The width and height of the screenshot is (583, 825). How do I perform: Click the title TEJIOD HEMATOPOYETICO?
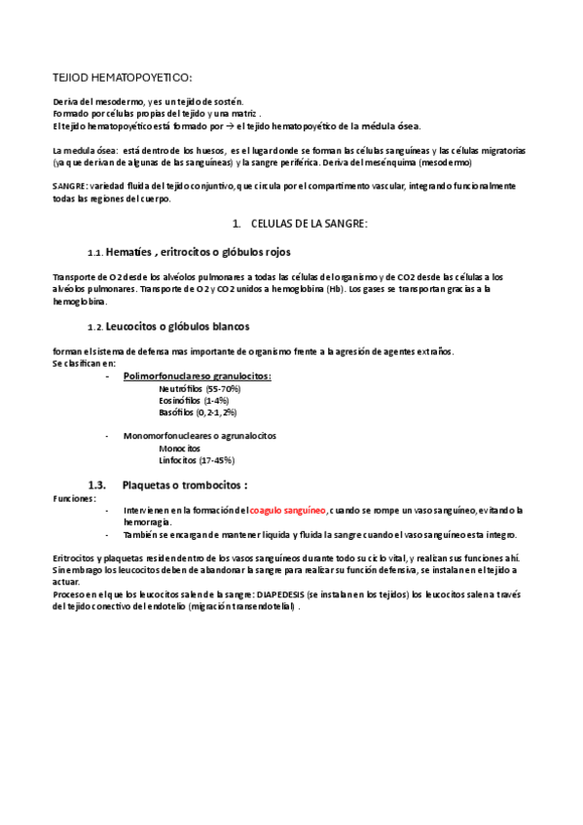tap(122, 77)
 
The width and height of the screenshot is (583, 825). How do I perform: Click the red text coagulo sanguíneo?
tap(288, 510)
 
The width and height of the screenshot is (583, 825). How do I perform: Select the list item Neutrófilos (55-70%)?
tap(200, 388)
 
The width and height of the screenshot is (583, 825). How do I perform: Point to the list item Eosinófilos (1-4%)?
tap(194, 400)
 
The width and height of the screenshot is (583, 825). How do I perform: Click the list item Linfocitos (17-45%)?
tap(197, 459)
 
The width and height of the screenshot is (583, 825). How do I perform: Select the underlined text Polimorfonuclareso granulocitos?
tap(198, 376)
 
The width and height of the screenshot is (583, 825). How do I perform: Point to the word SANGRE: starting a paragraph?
tap(70, 185)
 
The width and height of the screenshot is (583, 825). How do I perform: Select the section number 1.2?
tap(94, 326)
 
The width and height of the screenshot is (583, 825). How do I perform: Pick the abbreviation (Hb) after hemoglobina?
tap(332, 289)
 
